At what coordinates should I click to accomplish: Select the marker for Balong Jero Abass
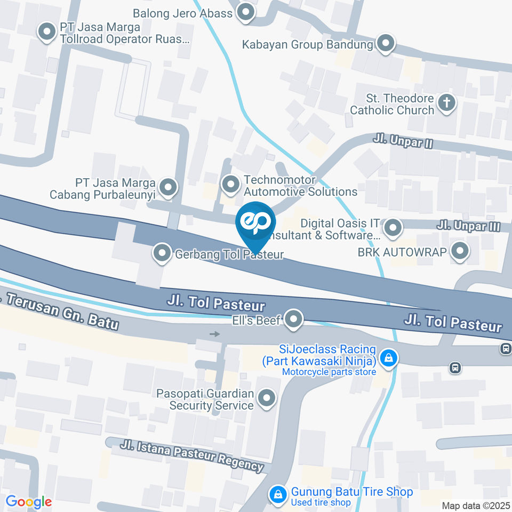point(246,12)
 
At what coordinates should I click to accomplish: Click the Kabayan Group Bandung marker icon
point(385,44)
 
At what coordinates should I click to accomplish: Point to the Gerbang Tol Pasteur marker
point(162,254)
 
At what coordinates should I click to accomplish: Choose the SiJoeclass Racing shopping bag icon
point(388,357)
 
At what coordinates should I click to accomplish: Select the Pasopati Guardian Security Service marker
point(266,398)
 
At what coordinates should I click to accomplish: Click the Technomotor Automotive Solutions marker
point(231,185)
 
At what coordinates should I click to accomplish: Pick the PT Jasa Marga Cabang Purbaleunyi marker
point(169,187)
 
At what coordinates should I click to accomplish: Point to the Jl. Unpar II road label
point(402,142)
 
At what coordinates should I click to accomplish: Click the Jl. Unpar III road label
point(468,226)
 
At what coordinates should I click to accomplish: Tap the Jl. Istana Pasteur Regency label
point(193,454)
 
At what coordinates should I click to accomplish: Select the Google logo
point(28,502)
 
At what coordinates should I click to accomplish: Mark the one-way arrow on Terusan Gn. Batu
point(214,334)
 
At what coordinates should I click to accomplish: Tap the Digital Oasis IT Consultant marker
point(393,228)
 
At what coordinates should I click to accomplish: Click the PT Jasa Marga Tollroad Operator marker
point(47,31)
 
